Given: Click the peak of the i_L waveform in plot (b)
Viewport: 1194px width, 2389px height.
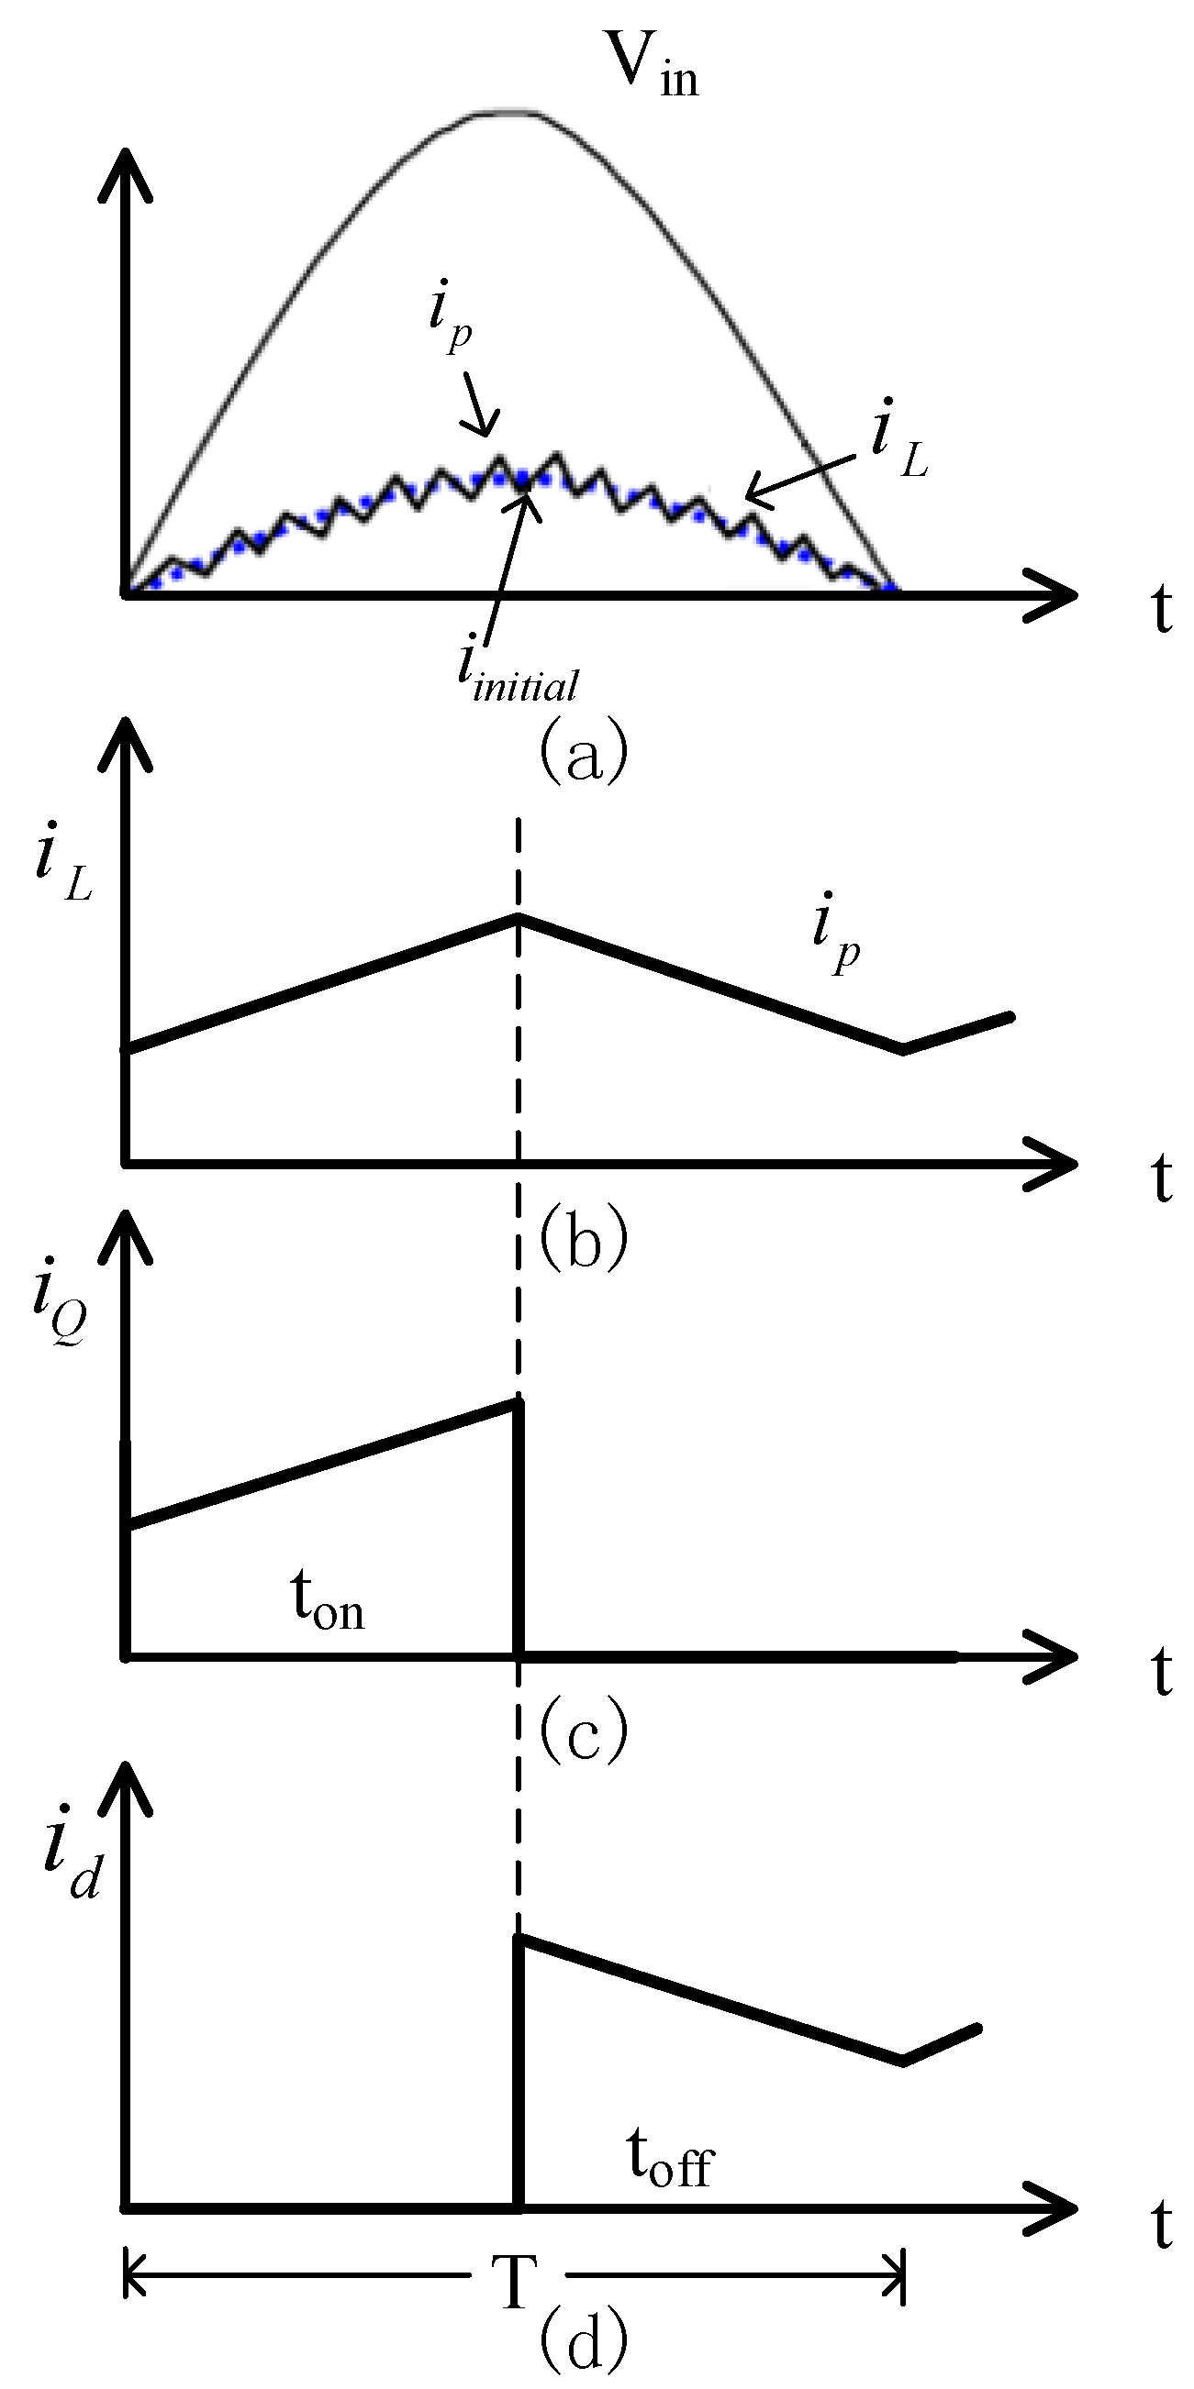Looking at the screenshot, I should pyautogui.click(x=518, y=916).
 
